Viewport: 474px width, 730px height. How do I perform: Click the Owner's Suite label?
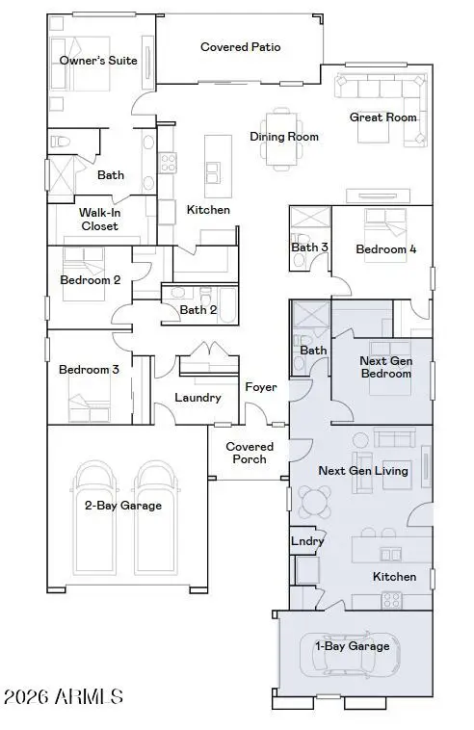98,61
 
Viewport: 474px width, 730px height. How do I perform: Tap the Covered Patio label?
240,46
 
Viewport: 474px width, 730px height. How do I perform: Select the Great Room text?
382,117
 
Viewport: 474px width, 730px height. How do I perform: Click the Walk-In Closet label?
99,219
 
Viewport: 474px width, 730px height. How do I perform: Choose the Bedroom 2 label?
90,280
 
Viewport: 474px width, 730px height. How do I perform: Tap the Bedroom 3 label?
89,369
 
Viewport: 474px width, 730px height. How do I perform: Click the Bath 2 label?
198,309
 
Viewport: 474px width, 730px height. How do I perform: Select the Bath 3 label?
309,248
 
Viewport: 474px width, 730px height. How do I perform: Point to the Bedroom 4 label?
385,249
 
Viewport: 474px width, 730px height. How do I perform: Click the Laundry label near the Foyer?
197,397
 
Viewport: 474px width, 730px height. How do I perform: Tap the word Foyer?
260,387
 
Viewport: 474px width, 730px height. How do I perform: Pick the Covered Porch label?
250,453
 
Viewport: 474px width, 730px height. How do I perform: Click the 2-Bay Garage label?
123,505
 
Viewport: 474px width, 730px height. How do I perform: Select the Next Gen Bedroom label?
385,367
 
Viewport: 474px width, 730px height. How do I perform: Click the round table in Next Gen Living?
316,499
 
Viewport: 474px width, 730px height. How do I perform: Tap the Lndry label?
307,541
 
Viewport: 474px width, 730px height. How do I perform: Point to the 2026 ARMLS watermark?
65,695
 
